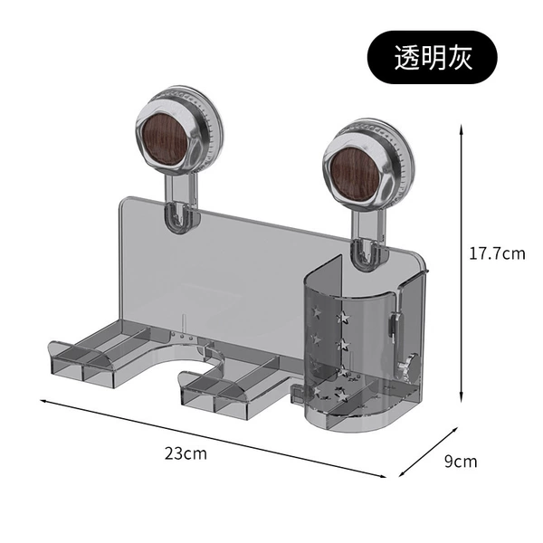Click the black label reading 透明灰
click(x=433, y=58)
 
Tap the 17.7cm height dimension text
click(x=497, y=253)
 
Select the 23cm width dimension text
click(x=186, y=453)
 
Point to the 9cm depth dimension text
click(x=461, y=462)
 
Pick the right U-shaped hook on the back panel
click(x=367, y=253)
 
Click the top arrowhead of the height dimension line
click(x=462, y=129)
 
